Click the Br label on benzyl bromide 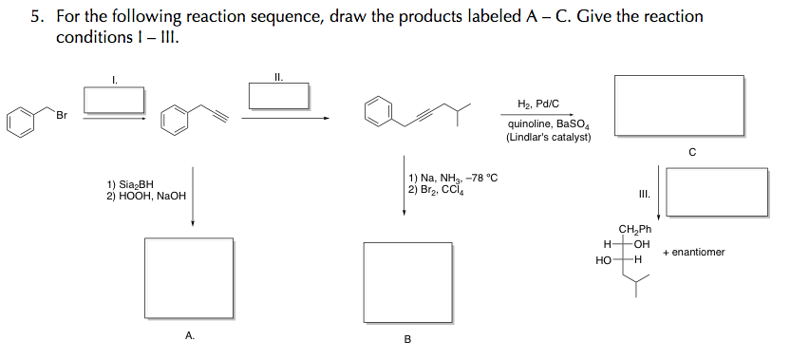pyautogui.click(x=62, y=116)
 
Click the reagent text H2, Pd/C pyautogui.click(x=537, y=104)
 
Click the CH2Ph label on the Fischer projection pyautogui.click(x=635, y=229)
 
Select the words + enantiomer pyautogui.click(x=694, y=252)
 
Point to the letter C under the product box pyautogui.click(x=691, y=151)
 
